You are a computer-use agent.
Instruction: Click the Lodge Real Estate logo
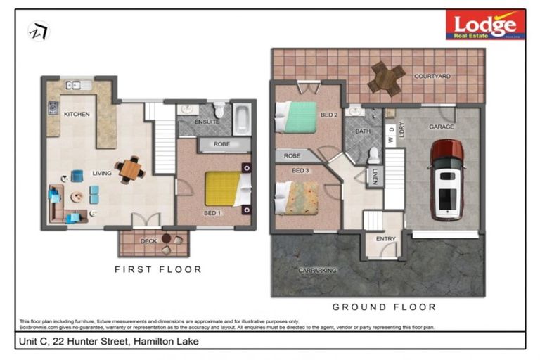pos(485,24)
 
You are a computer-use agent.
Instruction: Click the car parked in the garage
pos(446,179)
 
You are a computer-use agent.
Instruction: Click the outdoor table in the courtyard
pos(386,77)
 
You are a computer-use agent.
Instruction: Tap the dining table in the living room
pos(130,169)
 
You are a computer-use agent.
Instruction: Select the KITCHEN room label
pos(77,114)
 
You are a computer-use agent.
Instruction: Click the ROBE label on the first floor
pos(222,144)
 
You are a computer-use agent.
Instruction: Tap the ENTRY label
pos(386,239)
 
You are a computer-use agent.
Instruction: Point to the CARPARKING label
pos(317,269)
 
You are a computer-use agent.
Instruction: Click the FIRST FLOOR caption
pos(158,269)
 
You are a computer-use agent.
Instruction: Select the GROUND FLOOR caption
pos(384,307)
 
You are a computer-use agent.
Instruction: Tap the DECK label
pos(149,241)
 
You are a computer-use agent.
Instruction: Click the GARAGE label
pos(442,127)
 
